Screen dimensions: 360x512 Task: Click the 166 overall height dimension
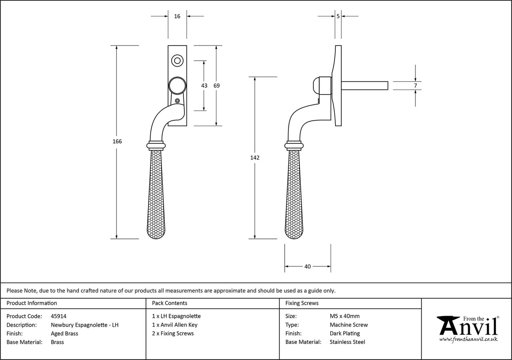coord(117,141)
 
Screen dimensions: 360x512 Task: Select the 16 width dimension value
coord(177,16)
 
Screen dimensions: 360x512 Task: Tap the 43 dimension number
coord(204,85)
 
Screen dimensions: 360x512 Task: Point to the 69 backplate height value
coord(216,85)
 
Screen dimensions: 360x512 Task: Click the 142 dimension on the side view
coord(255,157)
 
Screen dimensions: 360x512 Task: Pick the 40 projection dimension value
coord(307,266)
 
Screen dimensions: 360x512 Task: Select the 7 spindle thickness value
coord(415,86)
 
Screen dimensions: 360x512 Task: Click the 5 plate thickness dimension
coord(338,16)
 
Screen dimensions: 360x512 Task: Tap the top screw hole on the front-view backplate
coord(177,61)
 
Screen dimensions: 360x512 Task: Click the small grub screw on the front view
coord(177,101)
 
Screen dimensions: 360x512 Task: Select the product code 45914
coord(58,316)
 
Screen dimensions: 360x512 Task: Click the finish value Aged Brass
coord(64,333)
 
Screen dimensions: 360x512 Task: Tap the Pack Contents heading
coord(170,303)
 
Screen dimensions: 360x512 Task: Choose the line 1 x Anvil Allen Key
coord(175,325)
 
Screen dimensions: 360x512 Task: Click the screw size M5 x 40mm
coord(345,316)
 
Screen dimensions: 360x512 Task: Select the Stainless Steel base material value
coord(348,342)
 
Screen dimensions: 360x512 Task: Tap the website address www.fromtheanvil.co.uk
coord(468,339)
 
